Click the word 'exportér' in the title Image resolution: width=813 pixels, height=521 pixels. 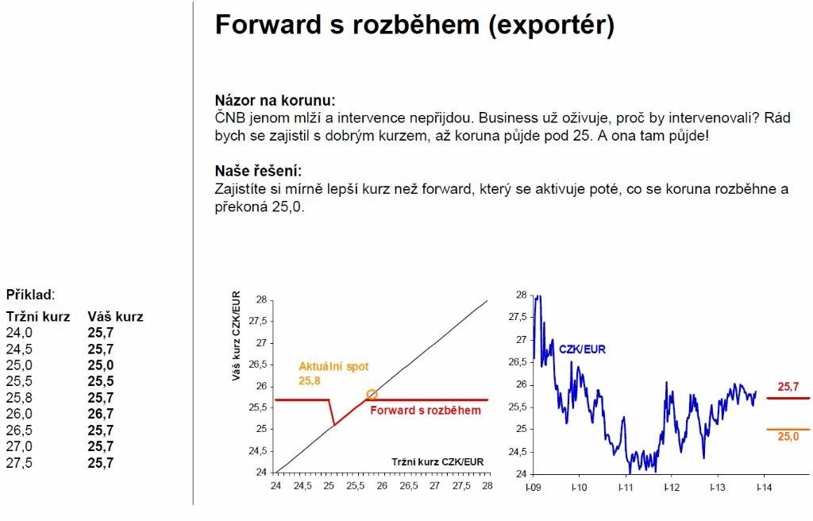551,25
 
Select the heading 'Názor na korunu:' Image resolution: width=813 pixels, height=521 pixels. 275,100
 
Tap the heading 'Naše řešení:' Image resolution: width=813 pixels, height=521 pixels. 258,171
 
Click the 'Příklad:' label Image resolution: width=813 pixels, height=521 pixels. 31,295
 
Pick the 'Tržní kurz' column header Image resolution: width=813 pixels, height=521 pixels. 38,317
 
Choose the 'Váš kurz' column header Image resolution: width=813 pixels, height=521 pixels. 115,317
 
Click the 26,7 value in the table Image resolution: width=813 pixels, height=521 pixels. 101,414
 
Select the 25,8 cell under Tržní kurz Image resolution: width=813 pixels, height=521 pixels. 19,398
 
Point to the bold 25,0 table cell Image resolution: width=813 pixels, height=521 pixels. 101,365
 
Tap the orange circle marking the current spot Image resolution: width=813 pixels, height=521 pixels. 372,395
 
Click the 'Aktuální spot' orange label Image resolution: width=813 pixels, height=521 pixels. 333,366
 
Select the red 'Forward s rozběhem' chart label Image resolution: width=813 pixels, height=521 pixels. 426,411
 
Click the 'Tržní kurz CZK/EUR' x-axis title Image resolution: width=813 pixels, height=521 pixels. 437,462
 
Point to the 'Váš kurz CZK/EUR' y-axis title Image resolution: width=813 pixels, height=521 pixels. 237,336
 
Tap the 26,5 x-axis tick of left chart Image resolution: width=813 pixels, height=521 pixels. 409,486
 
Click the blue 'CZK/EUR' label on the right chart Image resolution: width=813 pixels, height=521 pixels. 582,349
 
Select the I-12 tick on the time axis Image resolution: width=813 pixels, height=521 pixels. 672,488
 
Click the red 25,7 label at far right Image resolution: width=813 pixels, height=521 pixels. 788,387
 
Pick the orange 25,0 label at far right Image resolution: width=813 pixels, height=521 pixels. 788,436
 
